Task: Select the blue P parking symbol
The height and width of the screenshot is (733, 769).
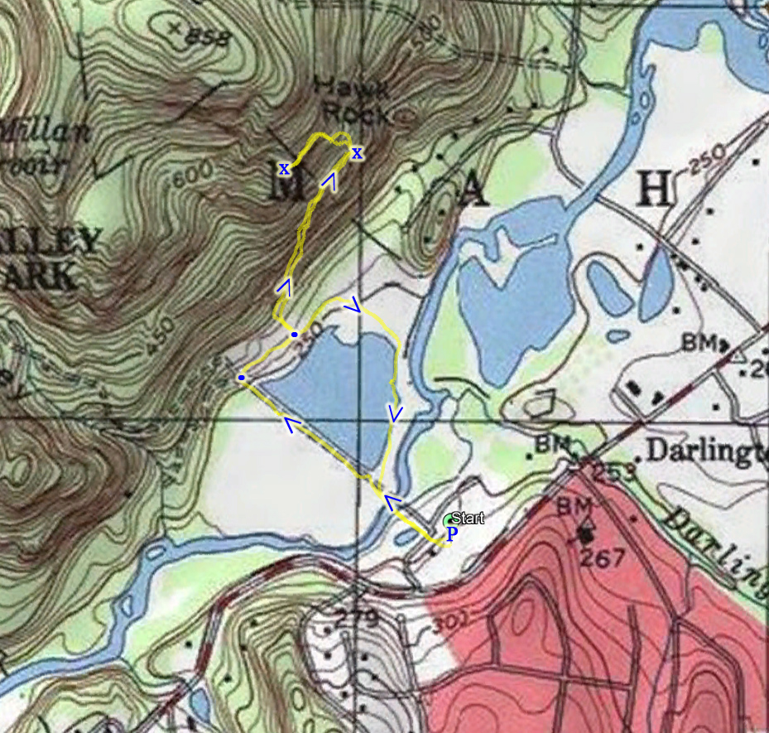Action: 451,534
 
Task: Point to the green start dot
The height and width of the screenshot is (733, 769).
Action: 449,520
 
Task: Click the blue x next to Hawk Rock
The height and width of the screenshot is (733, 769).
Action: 357,152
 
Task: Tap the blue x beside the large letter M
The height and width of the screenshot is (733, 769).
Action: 284,169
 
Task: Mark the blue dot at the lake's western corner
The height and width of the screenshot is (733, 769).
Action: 241,378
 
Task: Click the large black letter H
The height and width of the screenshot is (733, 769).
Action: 654,191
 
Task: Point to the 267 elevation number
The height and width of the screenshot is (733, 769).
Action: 602,559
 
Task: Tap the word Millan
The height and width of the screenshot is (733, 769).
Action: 45,130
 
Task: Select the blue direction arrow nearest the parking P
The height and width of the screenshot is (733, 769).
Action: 392,502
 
